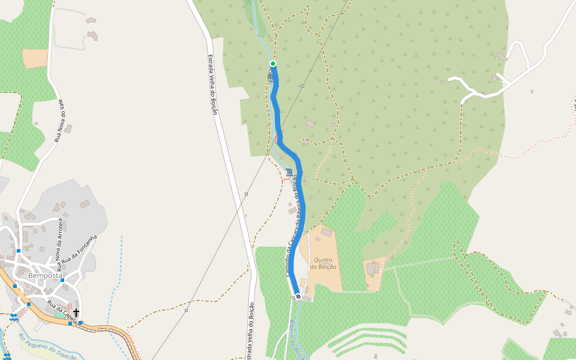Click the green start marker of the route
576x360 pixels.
[273, 64]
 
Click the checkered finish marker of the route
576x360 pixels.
[298, 296]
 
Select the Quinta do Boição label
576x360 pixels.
[325, 263]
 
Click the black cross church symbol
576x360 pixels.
[76, 312]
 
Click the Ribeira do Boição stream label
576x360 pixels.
[296, 340]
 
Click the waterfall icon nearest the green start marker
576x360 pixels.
[271, 76]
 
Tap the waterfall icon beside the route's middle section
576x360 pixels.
[290, 172]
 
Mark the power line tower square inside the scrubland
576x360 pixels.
[302, 86]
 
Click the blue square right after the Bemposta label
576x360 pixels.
[62, 280]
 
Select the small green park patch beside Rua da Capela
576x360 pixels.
[58, 314]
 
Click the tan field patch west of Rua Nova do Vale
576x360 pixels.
[35, 58]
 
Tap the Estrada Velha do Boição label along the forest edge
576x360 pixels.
[212, 84]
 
